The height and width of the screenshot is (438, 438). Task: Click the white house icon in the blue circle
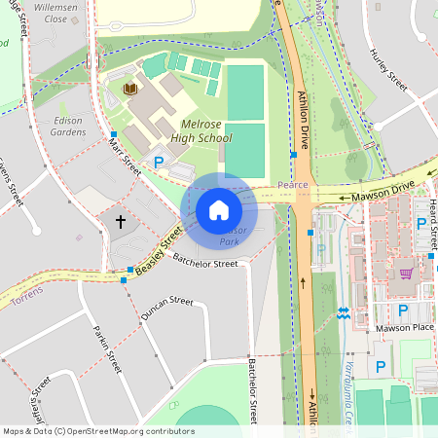point(219,210)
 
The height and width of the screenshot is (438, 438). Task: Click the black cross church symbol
point(121,222)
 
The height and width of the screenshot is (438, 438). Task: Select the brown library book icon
point(129,90)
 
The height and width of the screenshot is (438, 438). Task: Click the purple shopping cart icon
point(405,274)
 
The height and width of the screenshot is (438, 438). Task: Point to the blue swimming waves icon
point(342,313)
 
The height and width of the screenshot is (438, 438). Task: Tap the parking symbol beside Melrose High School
point(158,164)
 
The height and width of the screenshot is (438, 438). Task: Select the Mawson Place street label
point(403,329)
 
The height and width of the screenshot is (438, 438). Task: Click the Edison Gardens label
point(67,126)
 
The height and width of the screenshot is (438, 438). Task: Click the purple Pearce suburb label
point(292,183)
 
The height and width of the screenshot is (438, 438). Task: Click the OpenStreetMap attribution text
point(97,430)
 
